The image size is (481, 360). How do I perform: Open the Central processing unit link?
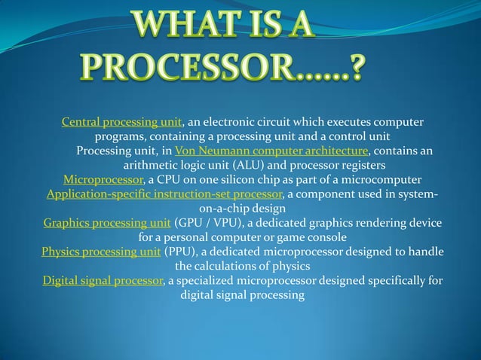click(121, 122)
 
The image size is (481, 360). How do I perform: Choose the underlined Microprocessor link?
click(103, 180)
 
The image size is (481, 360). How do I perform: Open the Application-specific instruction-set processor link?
click(164, 195)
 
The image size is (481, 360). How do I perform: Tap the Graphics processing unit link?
click(107, 224)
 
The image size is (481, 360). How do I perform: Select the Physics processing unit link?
click(101, 252)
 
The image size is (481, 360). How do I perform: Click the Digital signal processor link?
click(103, 281)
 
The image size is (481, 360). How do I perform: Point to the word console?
click(326, 238)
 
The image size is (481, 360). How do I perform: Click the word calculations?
click(226, 266)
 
